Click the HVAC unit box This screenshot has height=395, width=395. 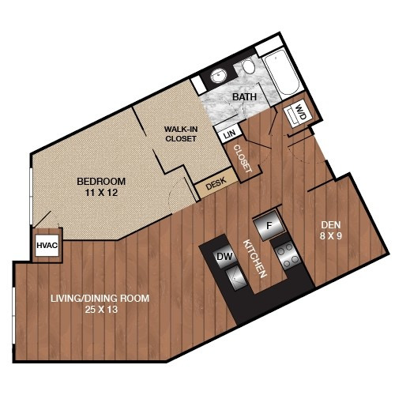pos(47,245)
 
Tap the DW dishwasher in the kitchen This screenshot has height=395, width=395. pos(224,256)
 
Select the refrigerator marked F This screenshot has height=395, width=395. pos(269,225)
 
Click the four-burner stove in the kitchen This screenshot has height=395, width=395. pos(288,254)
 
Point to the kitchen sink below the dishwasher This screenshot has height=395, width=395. pos(236,277)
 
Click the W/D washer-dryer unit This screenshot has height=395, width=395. pos(299,114)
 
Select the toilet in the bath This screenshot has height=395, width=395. pos(249,66)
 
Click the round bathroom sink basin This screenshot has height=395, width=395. pos(219,77)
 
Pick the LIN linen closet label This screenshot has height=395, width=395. pos(229,135)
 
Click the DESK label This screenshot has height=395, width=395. pos(216,183)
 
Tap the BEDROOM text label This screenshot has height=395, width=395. pos(101,182)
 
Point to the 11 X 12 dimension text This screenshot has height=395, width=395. pos(101,193)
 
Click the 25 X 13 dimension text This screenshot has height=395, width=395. pos(101,309)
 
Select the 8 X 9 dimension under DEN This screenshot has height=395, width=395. pos(331,235)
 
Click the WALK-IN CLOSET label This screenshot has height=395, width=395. pos(181,134)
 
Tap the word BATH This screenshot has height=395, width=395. pos(244,97)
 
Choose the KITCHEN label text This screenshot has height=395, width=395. pos(254,258)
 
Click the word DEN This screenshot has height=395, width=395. pos(331,225)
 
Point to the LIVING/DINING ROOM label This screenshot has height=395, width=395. pos(100,299)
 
